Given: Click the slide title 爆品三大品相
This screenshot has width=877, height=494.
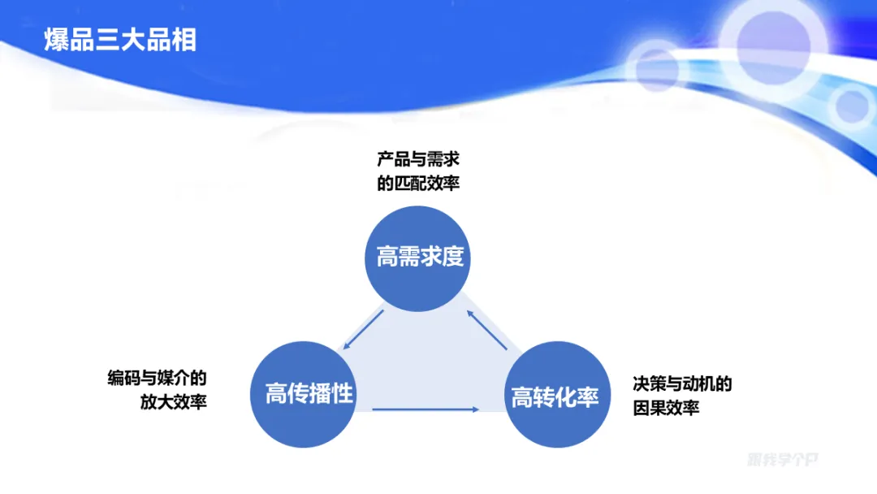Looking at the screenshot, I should point(120,40).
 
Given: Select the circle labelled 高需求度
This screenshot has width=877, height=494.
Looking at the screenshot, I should point(420,258).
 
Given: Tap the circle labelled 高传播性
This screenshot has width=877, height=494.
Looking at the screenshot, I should point(309,395).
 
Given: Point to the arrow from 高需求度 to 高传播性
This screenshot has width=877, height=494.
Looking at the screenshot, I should point(362,330).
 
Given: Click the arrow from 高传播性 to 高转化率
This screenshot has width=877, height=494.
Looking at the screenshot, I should point(426,409).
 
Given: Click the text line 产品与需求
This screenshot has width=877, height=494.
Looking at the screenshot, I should point(418,158).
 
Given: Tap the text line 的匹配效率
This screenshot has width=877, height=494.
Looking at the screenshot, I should point(418,183).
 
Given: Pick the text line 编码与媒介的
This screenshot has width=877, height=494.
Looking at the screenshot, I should point(158,378).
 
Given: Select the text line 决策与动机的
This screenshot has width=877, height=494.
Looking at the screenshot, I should point(682,383).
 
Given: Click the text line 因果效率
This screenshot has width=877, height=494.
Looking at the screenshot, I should point(666,408).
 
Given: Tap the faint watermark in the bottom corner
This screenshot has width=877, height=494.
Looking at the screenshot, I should point(783,460).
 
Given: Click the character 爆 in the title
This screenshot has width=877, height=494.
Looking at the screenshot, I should point(57,40).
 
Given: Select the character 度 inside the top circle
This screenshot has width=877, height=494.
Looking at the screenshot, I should point(452,258).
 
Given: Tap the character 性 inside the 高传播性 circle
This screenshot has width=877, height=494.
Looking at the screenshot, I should point(342,395).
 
